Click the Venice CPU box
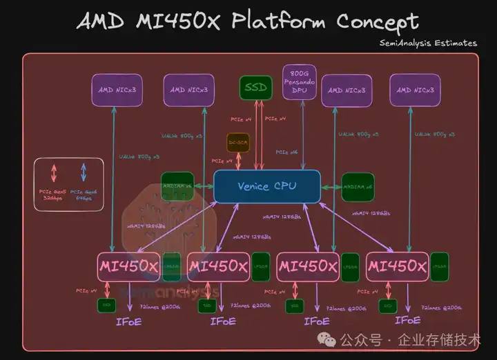click(x=267, y=186)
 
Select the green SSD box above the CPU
click(x=255, y=88)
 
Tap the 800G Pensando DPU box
click(x=299, y=82)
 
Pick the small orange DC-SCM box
click(x=238, y=143)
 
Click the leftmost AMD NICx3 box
click(x=117, y=90)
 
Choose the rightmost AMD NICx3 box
click(x=416, y=90)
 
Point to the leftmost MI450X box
click(x=128, y=266)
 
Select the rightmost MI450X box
click(x=397, y=266)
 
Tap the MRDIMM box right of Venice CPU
click(x=358, y=186)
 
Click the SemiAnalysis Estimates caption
click(x=428, y=43)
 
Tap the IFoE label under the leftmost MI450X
click(x=129, y=321)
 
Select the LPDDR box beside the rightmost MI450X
click(x=439, y=266)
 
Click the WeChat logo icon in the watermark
click(x=324, y=339)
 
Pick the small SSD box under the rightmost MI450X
click(x=388, y=303)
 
